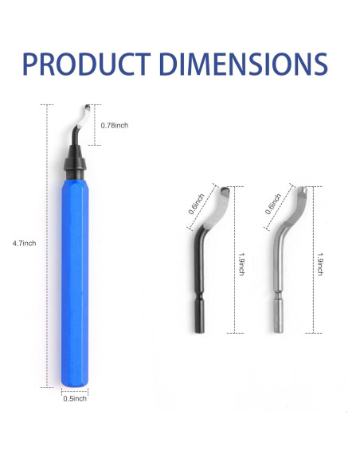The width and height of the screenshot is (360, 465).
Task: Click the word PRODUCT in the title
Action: [87, 64]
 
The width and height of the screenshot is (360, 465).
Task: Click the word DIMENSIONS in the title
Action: [243, 64]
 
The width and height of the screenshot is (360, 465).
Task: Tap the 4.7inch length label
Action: [24, 244]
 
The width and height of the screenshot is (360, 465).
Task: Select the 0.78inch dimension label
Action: [115, 126]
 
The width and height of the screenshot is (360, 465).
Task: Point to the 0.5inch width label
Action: [75, 399]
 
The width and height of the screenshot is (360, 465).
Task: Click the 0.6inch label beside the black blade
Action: [196, 204]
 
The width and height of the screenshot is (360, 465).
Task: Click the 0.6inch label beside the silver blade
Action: [273, 204]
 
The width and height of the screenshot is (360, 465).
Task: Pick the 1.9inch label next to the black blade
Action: [241, 264]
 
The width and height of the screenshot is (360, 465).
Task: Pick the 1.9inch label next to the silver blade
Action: [320, 264]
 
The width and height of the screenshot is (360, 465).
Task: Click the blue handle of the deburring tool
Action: [75, 283]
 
